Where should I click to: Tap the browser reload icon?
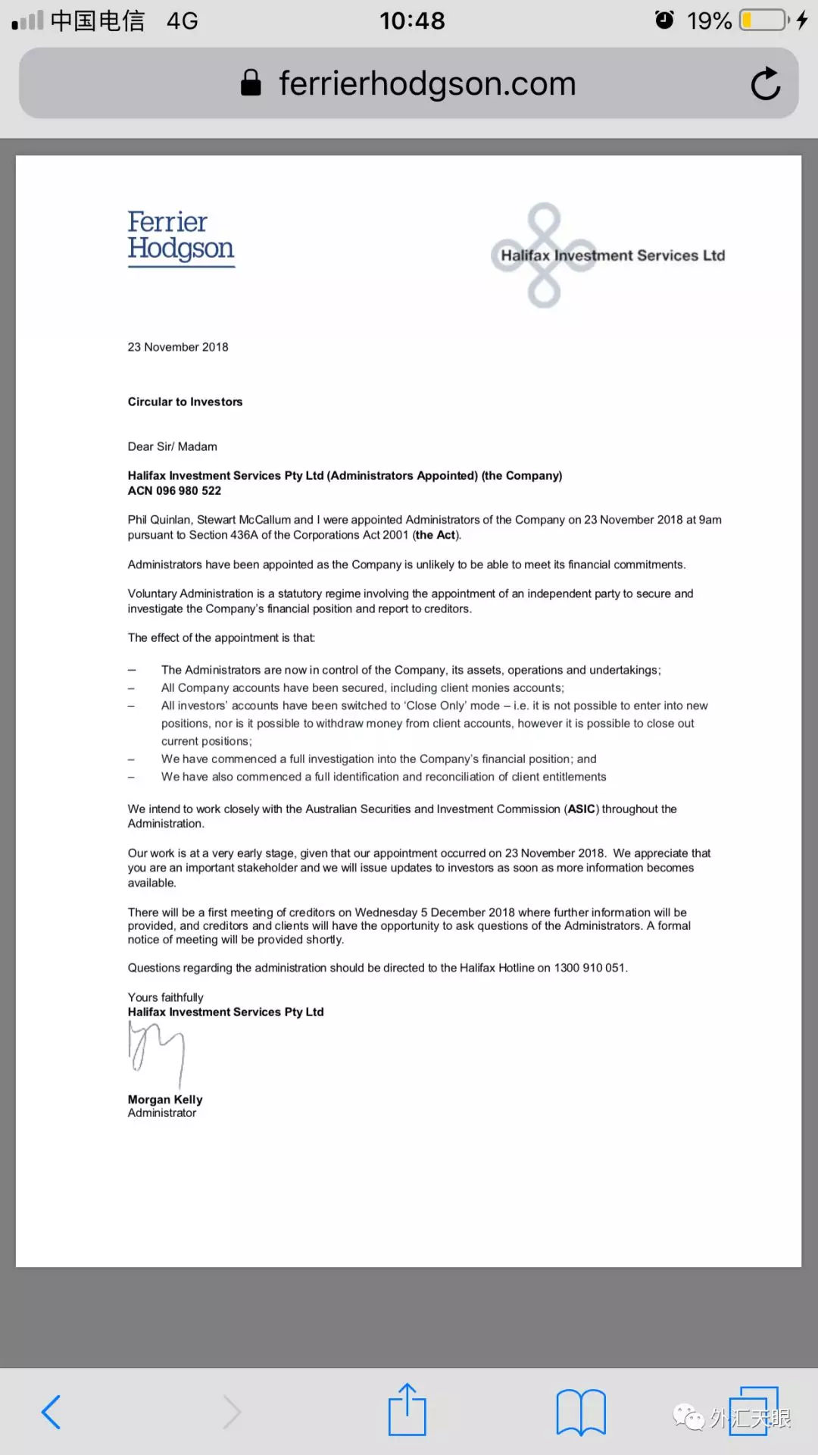point(766,83)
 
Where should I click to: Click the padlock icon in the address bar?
point(251,83)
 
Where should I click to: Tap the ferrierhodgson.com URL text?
point(427,83)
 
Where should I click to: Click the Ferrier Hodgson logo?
point(181,237)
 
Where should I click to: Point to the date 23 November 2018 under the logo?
point(178,347)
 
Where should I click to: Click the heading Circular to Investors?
point(185,402)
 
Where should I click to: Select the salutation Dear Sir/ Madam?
point(172,446)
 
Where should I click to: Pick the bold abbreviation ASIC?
point(582,809)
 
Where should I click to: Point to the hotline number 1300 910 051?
point(589,968)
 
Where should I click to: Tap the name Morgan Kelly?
point(165,1100)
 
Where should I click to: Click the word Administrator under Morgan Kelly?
point(161,1113)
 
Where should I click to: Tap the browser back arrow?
point(52,1412)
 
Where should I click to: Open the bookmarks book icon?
point(580,1412)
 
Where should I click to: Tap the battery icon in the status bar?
point(763,20)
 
